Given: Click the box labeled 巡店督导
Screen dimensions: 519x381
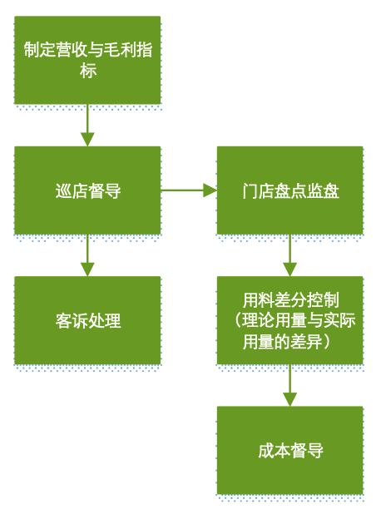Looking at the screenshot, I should pyautogui.click(x=87, y=190).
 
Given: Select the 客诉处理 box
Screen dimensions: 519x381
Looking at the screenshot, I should pyautogui.click(x=87, y=320).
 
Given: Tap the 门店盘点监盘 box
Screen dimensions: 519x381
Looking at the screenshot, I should pyautogui.click(x=289, y=190).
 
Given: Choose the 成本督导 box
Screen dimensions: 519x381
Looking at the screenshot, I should pyautogui.click(x=289, y=451).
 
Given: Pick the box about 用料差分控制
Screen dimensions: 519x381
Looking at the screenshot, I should pyautogui.click(x=289, y=320).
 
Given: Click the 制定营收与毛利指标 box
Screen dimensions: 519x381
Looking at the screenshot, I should pyautogui.click(x=87, y=60).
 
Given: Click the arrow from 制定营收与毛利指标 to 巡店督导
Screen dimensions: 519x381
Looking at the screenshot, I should pyautogui.click(x=87, y=126).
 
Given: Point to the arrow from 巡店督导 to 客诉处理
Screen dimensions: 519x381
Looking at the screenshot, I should pyautogui.click(x=87, y=255).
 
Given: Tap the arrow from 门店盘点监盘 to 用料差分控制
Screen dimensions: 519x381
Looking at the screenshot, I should pyautogui.click(x=289, y=255).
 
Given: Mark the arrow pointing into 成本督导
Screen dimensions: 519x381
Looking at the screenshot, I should pyautogui.click(x=289, y=385).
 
